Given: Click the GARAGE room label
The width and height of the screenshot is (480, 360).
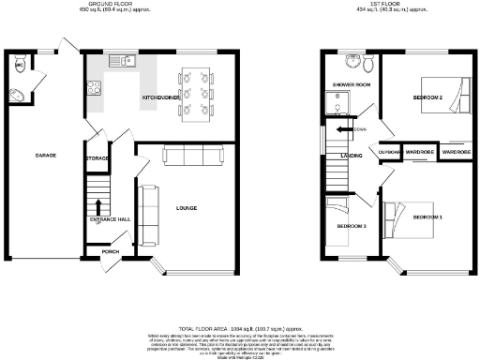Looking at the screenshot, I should click(x=42, y=154).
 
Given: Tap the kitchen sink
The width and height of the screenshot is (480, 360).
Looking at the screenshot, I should click(x=121, y=63).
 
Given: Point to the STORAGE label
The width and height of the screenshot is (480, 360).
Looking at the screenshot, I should click(x=97, y=159).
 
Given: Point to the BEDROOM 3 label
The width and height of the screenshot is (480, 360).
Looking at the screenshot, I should click(x=351, y=227).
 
